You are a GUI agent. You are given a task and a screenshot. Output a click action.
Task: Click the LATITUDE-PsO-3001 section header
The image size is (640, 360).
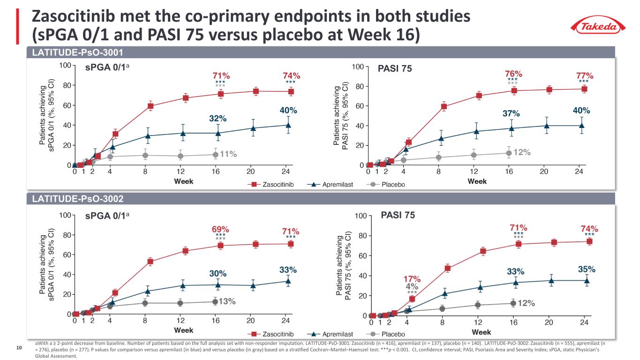tap(77, 53)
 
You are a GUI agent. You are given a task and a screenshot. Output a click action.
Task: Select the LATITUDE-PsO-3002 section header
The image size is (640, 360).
tap(77, 199)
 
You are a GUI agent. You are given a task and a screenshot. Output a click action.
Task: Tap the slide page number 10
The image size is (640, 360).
tap(19, 348)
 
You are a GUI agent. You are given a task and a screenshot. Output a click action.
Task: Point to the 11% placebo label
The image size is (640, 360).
tap(228, 154)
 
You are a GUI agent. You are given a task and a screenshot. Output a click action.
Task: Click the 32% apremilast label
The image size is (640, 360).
tap(218, 119)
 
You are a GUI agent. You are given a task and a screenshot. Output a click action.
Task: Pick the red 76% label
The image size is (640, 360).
tap(513, 74)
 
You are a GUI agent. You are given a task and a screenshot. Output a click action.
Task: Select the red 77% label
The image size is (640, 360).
tap(585, 75)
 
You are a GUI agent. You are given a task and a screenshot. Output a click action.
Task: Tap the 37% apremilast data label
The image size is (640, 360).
tap(512, 113)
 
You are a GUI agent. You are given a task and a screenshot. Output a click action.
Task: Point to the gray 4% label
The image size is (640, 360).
tap(412, 286)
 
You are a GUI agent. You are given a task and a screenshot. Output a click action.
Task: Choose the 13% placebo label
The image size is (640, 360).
tap(227, 301)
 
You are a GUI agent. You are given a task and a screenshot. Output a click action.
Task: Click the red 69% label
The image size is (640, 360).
tap(220, 230)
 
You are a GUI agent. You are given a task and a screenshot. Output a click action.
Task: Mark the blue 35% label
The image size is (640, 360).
tap(587, 269)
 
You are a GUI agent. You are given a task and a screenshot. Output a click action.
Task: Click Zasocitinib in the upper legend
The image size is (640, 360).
tap(278, 185)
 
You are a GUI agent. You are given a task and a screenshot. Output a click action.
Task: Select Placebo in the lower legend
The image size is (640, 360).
tap(393, 334)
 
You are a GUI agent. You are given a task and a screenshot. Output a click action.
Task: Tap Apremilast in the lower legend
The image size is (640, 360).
tap(338, 334)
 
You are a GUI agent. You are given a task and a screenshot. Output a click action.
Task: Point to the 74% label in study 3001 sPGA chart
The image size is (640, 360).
tap(291, 75)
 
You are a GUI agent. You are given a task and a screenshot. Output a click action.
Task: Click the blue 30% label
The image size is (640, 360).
tap(218, 273)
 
